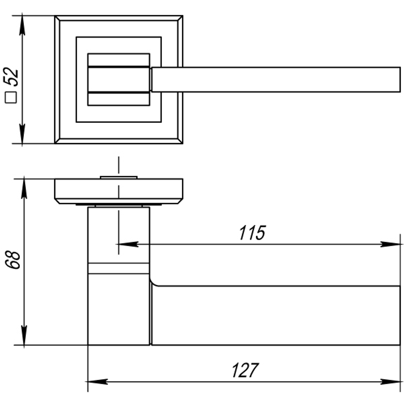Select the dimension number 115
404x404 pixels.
[x=252, y=233]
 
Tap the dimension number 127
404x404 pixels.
[x=245, y=370]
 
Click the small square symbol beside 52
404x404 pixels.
[x=11, y=98]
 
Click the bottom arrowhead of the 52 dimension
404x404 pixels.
[x=22, y=135]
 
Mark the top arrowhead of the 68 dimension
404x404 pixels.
[x=24, y=187]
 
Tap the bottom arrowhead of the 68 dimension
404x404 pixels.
[x=24, y=337]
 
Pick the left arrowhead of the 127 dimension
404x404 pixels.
[x=97, y=381]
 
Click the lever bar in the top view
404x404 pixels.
[x=275, y=80]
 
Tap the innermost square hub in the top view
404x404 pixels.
[x=119, y=79]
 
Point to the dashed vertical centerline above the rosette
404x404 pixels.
[x=118, y=166]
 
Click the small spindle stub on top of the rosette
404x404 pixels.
[x=118, y=177]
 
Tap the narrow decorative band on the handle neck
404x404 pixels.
[x=118, y=268]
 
